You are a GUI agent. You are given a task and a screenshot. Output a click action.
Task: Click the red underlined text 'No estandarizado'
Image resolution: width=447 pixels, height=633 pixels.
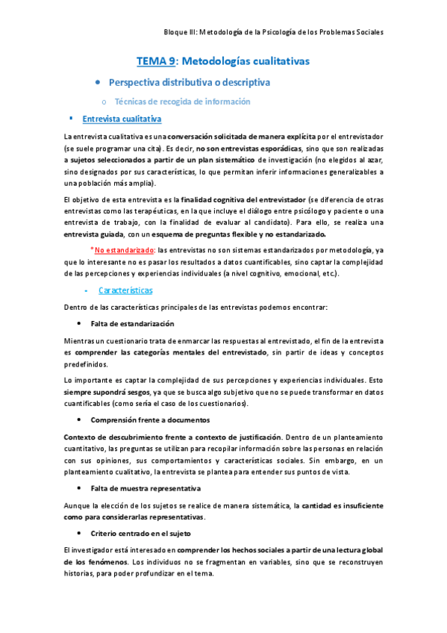125,231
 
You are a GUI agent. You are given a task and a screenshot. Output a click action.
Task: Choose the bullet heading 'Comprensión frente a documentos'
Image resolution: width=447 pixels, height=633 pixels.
150,420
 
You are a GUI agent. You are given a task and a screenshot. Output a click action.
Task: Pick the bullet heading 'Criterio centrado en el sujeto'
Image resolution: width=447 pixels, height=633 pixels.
140,534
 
